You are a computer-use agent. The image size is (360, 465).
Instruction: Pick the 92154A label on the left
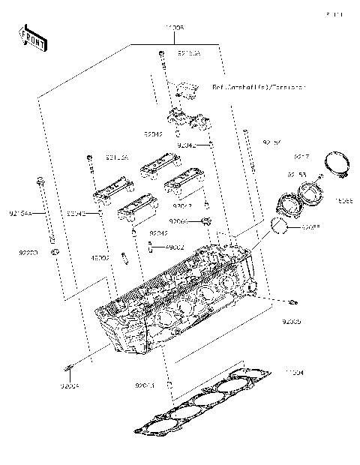pos(20,214)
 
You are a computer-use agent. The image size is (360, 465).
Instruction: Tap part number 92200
pos(28,253)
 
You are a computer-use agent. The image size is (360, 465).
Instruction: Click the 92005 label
pos(291,321)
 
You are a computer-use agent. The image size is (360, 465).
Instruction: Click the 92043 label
pos(145,385)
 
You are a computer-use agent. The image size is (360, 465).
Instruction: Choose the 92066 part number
pos(178,221)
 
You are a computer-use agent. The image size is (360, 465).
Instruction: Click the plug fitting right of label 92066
pos(205,220)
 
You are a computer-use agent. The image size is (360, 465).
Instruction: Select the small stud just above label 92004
pos(70,367)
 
